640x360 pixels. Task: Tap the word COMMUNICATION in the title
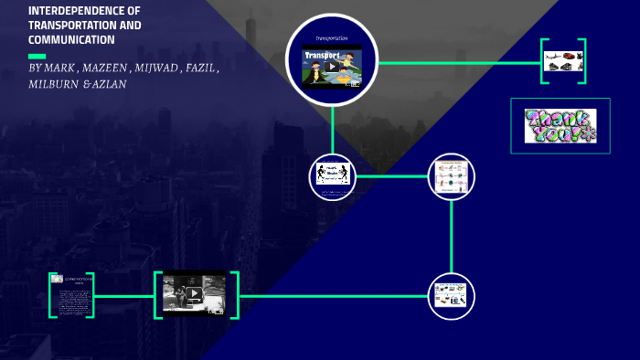pyautogui.click(x=71, y=40)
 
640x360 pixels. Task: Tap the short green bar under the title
pyautogui.click(x=37, y=56)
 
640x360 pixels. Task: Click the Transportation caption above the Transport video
pyautogui.click(x=332, y=37)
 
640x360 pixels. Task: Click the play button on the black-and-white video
pyautogui.click(x=194, y=294)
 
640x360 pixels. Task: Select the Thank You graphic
pyautogui.click(x=560, y=126)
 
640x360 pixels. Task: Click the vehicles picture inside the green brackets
pyautogui.click(x=562, y=62)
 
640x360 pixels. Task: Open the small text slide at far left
pyautogui.click(x=70, y=295)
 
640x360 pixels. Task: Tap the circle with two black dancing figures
pyautogui.click(x=333, y=175)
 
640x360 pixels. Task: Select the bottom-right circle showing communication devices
pyautogui.click(x=451, y=296)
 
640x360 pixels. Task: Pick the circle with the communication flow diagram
pyautogui.click(x=451, y=175)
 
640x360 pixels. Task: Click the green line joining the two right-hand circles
pyautogui.click(x=451, y=236)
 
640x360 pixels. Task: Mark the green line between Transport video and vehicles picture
pyautogui.click(x=457, y=62)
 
